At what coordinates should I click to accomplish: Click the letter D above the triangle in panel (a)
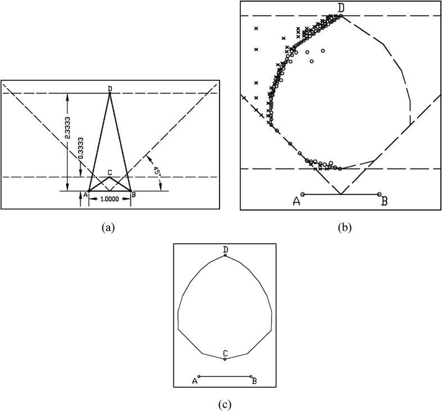(x=110, y=88)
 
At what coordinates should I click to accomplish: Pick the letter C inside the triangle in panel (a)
(x=110, y=172)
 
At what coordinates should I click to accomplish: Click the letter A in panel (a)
(x=85, y=194)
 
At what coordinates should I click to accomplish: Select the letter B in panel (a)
(x=134, y=194)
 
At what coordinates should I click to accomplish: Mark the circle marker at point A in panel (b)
(x=303, y=194)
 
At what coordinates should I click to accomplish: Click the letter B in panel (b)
(x=384, y=200)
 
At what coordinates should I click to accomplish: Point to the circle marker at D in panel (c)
(x=225, y=255)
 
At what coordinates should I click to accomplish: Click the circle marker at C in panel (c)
(x=225, y=358)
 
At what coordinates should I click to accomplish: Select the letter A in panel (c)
(x=195, y=381)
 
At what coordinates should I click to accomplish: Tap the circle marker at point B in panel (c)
(x=251, y=376)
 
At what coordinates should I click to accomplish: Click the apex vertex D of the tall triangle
(x=110, y=93)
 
